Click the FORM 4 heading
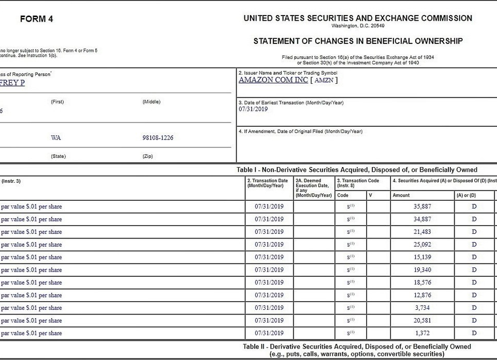(36, 20)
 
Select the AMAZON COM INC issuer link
(273, 80)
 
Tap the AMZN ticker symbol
(324, 80)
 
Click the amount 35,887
(422, 206)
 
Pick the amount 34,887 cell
(422, 219)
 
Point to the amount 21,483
(422, 232)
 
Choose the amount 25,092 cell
(422, 245)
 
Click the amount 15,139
(422, 257)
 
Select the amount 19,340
(422, 270)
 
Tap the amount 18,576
(422, 282)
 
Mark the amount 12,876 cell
(422, 295)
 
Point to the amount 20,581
(422, 321)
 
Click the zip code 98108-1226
(158, 138)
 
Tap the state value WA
(56, 138)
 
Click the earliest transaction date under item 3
(253, 109)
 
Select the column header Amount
(401, 196)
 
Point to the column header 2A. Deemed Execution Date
(312, 185)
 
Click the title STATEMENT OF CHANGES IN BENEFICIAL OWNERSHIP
(358, 41)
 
